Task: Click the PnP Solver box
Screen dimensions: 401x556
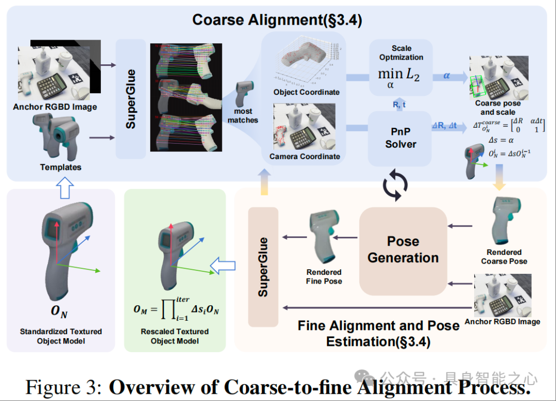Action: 401,138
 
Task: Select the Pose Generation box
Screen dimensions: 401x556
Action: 403,250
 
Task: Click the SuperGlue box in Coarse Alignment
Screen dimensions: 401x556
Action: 131,99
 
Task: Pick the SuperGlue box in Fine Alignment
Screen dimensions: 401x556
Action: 263,267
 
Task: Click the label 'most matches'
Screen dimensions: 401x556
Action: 243,115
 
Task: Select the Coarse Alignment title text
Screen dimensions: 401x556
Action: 277,20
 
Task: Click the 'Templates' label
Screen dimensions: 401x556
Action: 61,167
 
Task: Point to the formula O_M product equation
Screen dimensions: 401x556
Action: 175,309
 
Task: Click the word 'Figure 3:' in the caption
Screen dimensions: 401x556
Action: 64,387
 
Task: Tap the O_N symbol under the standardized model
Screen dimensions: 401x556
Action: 59,312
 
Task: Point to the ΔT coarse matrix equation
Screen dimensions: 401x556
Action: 509,127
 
